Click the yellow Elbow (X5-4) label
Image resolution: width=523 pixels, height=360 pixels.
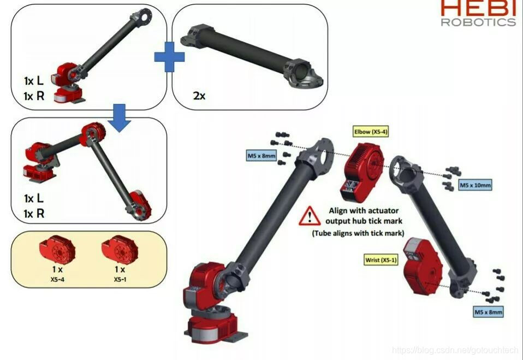tap(371, 132)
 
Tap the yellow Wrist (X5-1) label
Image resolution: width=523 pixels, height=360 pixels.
tap(381, 260)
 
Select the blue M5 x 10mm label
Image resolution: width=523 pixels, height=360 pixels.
tap(475, 185)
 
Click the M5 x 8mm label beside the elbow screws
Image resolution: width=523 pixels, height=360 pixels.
tap(261, 156)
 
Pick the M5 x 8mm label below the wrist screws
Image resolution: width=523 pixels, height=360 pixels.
tap(488, 312)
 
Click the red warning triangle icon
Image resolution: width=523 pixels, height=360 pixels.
tap(310, 216)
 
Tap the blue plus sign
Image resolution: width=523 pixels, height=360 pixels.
tap(169, 57)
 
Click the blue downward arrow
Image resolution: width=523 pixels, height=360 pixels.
tap(120, 118)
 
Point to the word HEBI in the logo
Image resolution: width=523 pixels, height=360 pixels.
tap(479, 8)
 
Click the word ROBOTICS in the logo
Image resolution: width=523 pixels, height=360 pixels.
tap(479, 22)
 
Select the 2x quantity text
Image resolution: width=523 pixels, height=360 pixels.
tap(199, 96)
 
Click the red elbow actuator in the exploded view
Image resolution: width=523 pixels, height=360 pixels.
tap(362, 172)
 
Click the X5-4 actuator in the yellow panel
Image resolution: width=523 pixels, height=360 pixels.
tap(57, 250)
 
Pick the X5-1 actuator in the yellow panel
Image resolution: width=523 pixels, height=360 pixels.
tap(120, 250)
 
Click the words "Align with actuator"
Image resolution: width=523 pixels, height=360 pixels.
tap(364, 211)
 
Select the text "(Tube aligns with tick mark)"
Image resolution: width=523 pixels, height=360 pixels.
tap(358, 233)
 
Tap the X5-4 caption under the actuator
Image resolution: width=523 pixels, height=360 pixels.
tap(57, 279)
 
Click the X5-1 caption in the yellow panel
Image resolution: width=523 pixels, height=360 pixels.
tap(120, 279)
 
